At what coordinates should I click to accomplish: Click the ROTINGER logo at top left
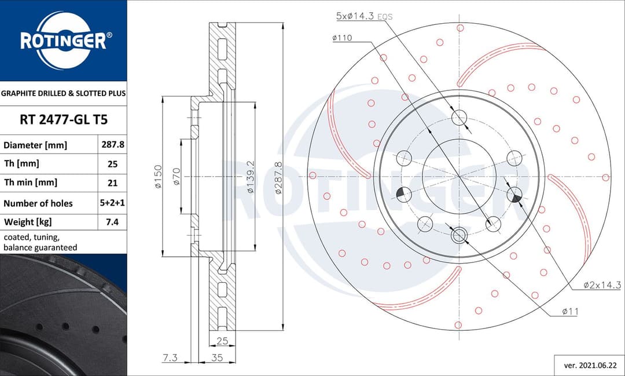pyautogui.click(x=63, y=40)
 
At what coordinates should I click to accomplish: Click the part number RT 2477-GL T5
pyautogui.click(x=63, y=120)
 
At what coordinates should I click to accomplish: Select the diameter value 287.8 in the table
pyautogui.click(x=112, y=145)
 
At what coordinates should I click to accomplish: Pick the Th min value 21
pyautogui.click(x=112, y=182)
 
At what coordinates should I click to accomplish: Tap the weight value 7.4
pyautogui.click(x=112, y=221)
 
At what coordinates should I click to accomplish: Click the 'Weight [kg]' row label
pyautogui.click(x=28, y=222)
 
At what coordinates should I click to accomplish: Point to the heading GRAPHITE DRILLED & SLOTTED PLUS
pyautogui.click(x=63, y=93)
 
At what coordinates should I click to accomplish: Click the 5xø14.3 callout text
pyautogui.click(x=356, y=17)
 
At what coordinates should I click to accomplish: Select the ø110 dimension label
pyautogui.click(x=342, y=38)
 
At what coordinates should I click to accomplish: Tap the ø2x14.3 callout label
pyautogui.click(x=602, y=284)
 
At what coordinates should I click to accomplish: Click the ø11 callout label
pyautogui.click(x=571, y=312)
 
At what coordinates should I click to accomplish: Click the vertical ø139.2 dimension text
pyautogui.click(x=251, y=177)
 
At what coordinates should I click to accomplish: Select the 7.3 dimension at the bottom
pyautogui.click(x=170, y=358)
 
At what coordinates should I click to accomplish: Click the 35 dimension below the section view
pyautogui.click(x=216, y=358)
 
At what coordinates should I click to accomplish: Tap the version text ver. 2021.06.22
pyautogui.click(x=589, y=365)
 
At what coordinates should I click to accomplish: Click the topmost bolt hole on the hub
pyautogui.click(x=459, y=118)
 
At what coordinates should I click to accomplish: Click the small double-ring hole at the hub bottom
pyautogui.click(x=459, y=235)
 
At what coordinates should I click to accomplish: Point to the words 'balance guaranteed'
pyautogui.click(x=40, y=247)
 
